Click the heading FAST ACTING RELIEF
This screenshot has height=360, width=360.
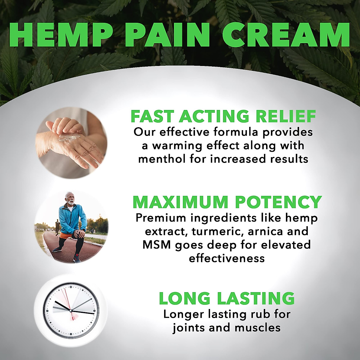tap(223, 116)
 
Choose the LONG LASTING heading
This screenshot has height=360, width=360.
tap(226, 298)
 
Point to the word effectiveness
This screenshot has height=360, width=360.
tap(227, 258)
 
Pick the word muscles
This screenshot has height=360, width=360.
tap(257, 328)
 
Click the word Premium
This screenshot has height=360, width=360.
tap(161, 218)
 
